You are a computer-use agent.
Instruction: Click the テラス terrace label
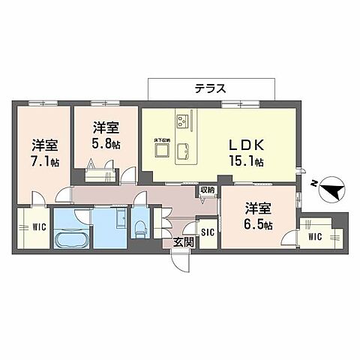211,88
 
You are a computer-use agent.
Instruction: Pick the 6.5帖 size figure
257,224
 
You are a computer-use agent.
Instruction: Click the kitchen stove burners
182,119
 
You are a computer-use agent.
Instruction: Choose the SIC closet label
207,232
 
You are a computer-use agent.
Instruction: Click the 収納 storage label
208,190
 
